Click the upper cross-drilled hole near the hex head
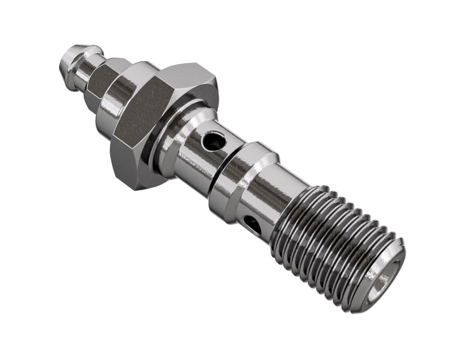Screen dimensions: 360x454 click(214, 140)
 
